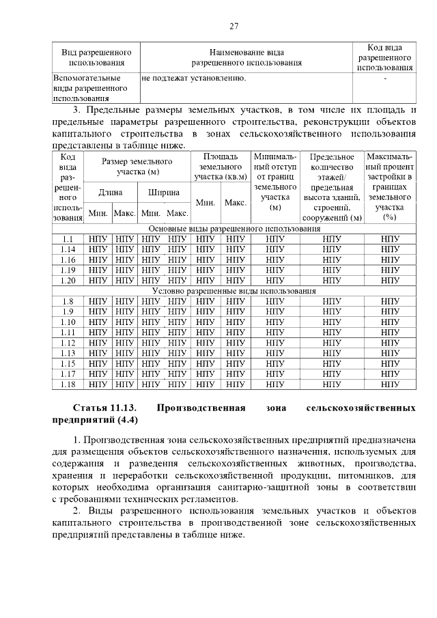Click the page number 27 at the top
pyautogui.click(x=234, y=26)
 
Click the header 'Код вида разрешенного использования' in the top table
pyautogui.click(x=384, y=57)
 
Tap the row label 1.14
pyautogui.click(x=68, y=249)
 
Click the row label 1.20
pyautogui.click(x=68, y=280)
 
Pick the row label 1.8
pyautogui.click(x=68, y=301)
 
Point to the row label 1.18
pyautogui.click(x=68, y=384)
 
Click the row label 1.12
pyautogui.click(x=68, y=343)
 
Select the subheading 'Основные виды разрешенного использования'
pyautogui.click(x=234, y=229)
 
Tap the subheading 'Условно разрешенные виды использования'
pyautogui.click(x=234, y=291)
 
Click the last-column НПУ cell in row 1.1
pyautogui.click(x=389, y=239)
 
